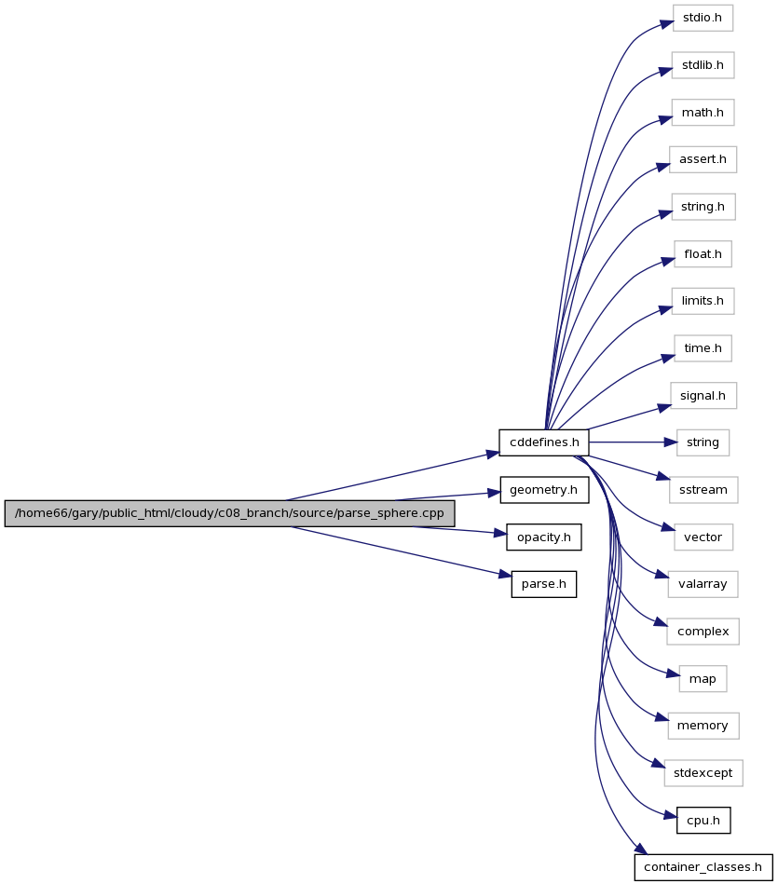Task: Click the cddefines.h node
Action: [543, 442]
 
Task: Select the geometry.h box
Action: [544, 490]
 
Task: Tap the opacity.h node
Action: [544, 537]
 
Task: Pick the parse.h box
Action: [544, 584]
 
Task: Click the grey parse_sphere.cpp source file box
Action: [229, 513]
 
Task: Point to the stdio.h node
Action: [703, 18]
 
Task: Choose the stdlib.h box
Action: [703, 65]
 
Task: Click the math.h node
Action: [703, 112]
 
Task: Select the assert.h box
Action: [703, 159]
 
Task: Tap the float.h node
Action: [703, 254]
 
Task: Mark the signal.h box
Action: [703, 396]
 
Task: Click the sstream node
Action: [703, 490]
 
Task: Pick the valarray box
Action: [703, 584]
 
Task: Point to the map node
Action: [703, 679]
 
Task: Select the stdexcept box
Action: [703, 773]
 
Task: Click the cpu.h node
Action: [703, 821]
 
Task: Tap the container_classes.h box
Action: [703, 867]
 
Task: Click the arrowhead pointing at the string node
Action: [670, 442]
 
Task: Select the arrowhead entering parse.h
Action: [505, 575]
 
